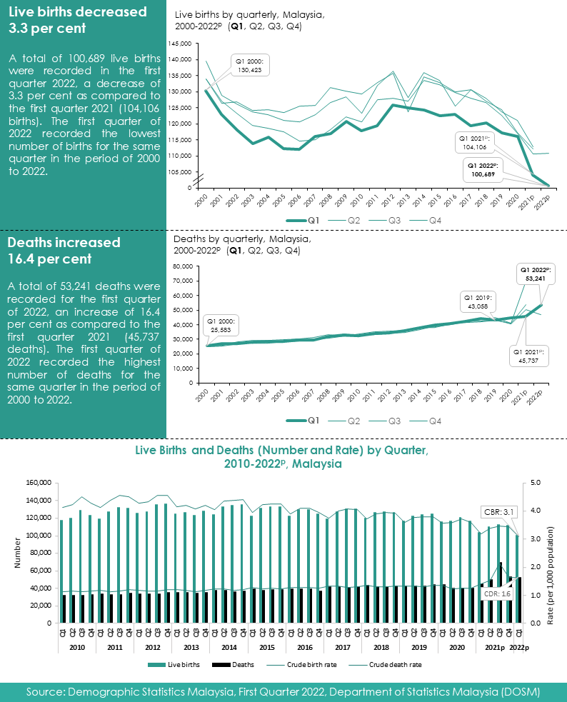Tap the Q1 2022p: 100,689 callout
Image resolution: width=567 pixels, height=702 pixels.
click(x=481, y=169)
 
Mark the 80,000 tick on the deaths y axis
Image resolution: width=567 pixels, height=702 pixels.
click(x=182, y=266)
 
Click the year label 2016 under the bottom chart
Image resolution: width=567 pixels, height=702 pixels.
click(x=304, y=647)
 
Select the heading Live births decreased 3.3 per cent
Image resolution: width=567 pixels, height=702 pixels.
click(x=77, y=20)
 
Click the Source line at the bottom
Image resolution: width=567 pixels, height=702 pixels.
click(x=283, y=692)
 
